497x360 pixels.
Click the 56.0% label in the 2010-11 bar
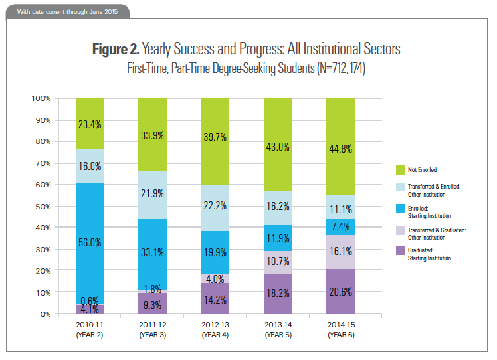point(90,244)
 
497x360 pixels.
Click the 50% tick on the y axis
point(41,206)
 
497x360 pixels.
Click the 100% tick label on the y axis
point(40,98)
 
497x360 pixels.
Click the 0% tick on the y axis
point(45,314)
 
